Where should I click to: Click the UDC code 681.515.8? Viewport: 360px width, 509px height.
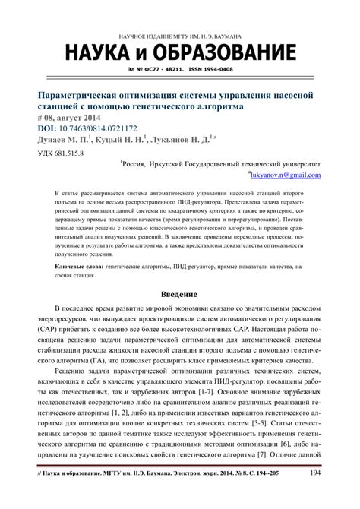coord(69,153)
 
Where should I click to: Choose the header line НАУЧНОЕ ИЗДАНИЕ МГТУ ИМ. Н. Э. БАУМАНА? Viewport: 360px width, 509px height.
coord(180,36)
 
